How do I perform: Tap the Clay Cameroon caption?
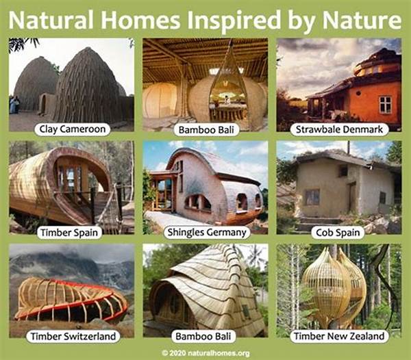tap(73, 129)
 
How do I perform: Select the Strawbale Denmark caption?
tap(339, 129)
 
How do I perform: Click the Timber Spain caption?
tap(69, 233)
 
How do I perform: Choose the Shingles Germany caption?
tap(207, 233)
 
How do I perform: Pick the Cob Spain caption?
tap(338, 233)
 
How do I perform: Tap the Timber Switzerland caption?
tap(73, 336)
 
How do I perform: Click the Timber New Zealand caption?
tap(339, 336)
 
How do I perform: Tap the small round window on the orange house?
tap(358, 93)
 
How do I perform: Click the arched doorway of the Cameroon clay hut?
tap(44, 104)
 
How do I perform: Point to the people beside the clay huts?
tap(14, 105)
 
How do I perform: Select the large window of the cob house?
tap(312, 197)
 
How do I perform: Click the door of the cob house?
tap(351, 196)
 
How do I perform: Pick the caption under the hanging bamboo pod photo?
tap(207, 130)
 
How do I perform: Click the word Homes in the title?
tap(140, 20)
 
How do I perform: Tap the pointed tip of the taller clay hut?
tap(89, 48)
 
